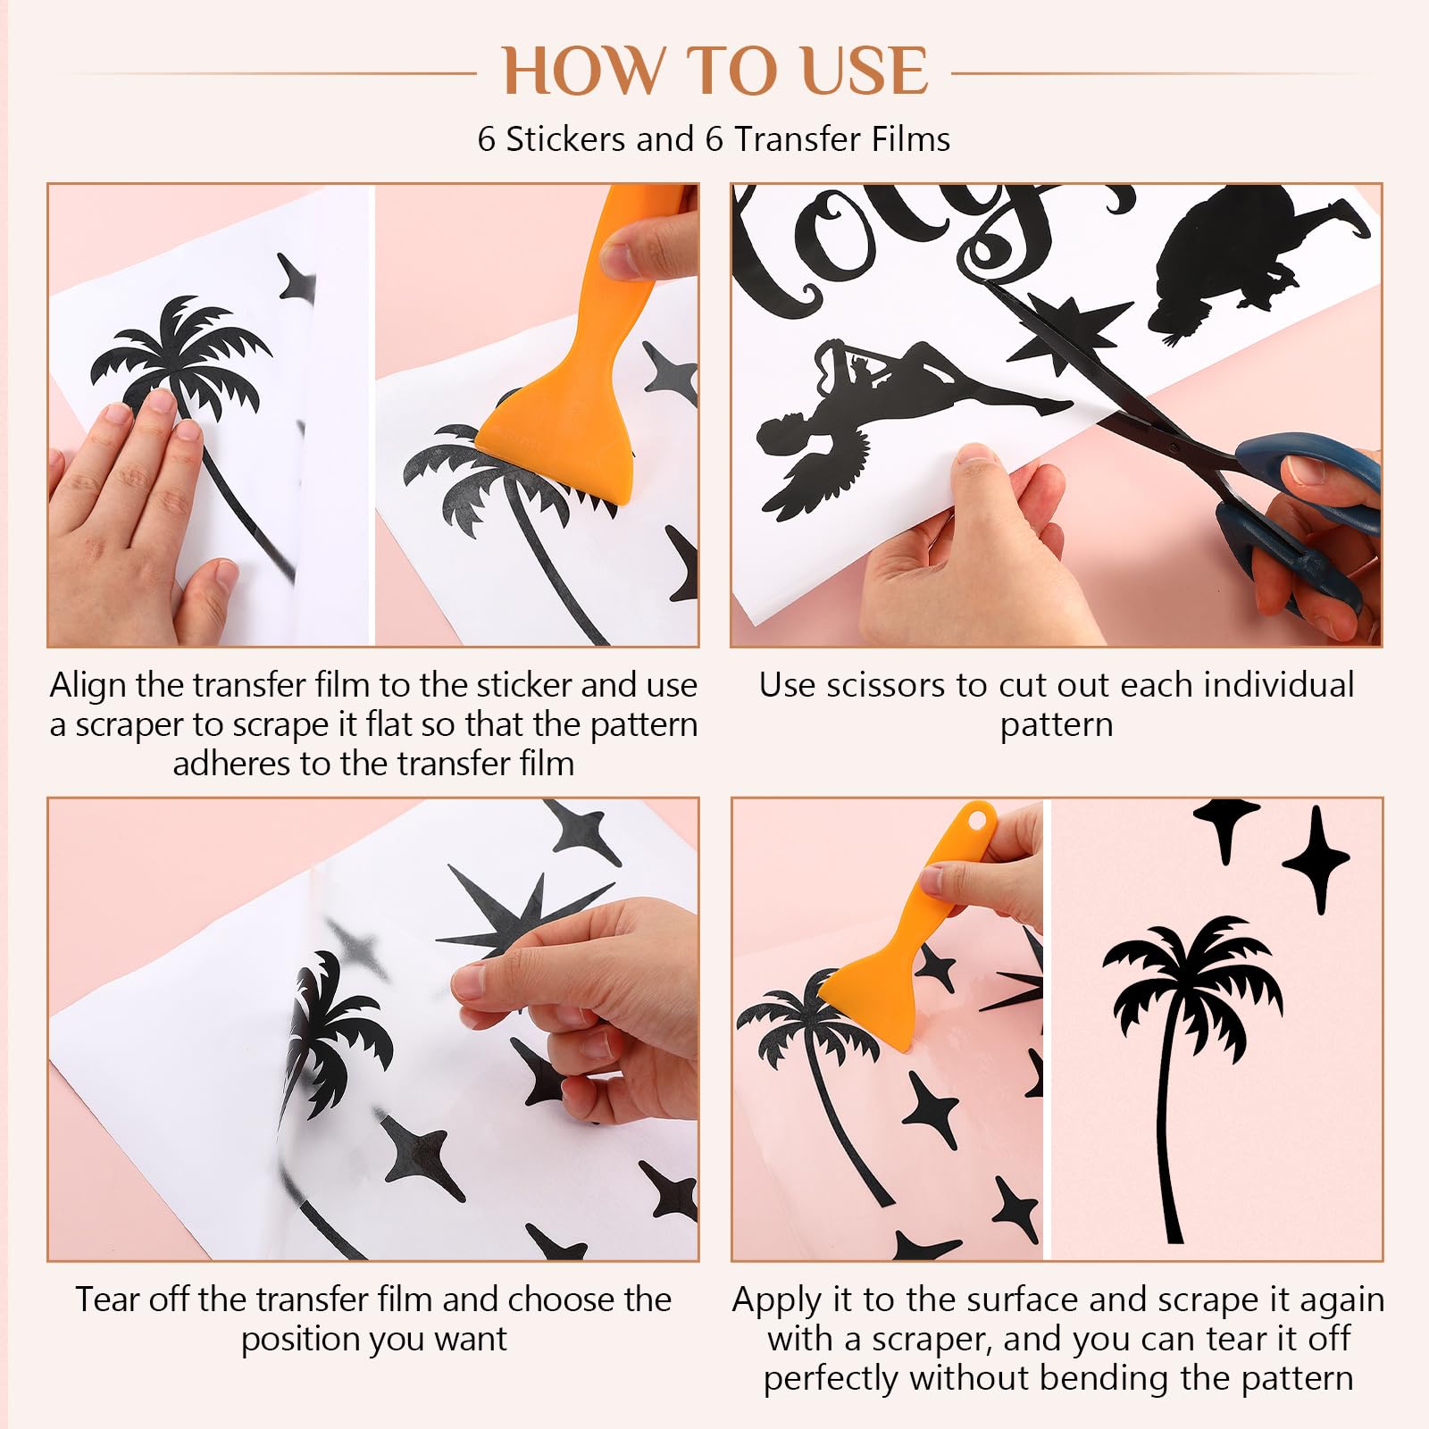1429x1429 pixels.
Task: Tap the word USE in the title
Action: tap(865, 71)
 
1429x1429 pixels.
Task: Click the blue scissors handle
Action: tap(1304, 518)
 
